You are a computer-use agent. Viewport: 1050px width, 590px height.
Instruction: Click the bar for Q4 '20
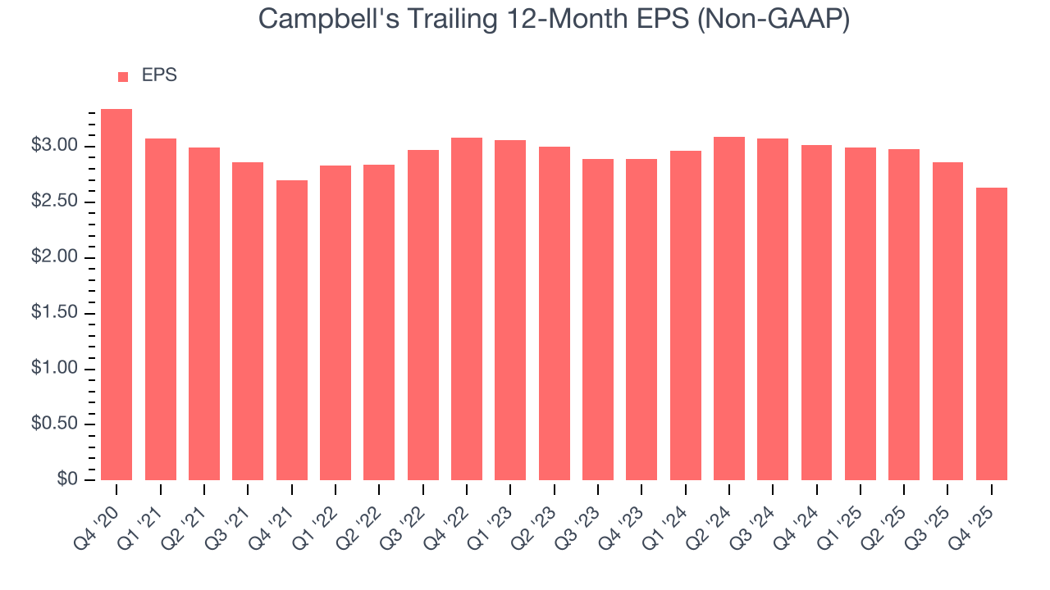click(x=116, y=295)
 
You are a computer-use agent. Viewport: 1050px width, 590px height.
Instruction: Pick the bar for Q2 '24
click(x=728, y=308)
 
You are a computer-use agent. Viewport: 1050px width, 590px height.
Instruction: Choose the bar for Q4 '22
click(x=467, y=309)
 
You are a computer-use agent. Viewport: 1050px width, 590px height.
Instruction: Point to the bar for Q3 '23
click(x=597, y=320)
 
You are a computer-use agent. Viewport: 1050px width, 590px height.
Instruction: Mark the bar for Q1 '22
click(x=336, y=323)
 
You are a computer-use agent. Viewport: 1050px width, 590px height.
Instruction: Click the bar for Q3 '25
click(x=947, y=321)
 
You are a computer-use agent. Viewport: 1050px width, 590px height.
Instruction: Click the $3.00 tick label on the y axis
click(x=54, y=147)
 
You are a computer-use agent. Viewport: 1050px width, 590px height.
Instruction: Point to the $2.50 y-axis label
click(x=54, y=202)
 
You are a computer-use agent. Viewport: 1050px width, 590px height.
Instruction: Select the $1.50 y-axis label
click(x=54, y=314)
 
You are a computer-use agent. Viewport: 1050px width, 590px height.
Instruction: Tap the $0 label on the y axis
click(x=67, y=480)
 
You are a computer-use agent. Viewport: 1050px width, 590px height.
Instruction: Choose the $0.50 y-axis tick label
click(x=54, y=424)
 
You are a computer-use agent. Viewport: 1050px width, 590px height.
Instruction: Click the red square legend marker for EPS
click(x=123, y=76)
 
